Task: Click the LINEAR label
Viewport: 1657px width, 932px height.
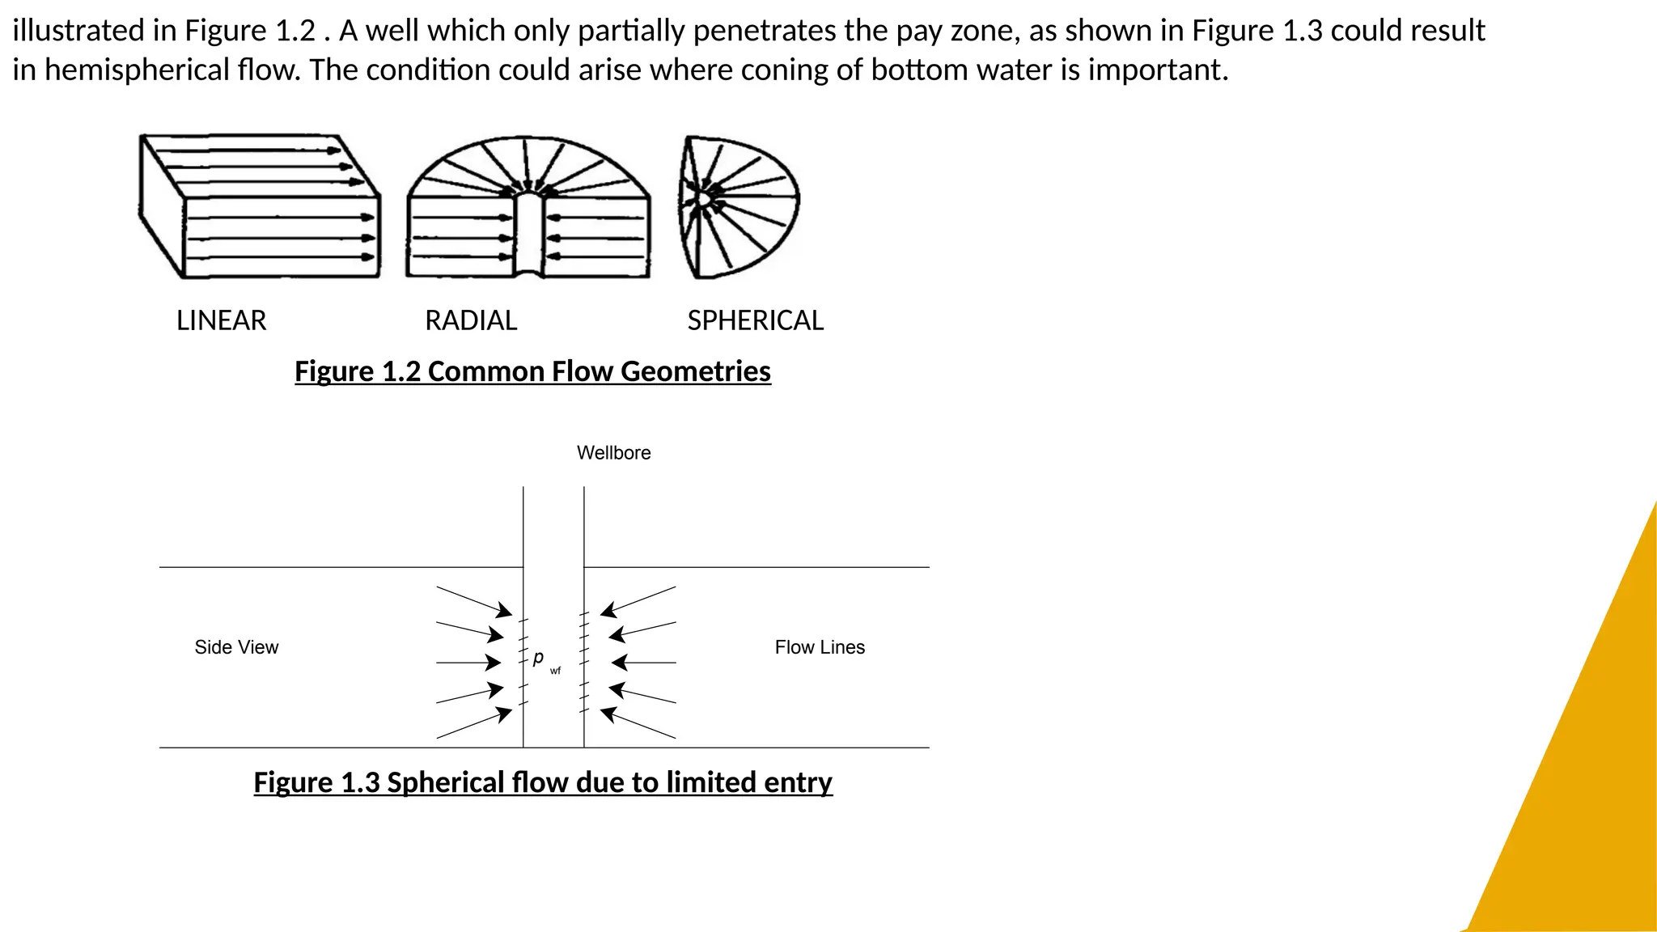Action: pos(221,321)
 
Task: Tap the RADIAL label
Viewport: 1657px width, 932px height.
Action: pos(471,321)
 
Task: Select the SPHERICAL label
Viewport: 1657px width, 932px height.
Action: pos(755,321)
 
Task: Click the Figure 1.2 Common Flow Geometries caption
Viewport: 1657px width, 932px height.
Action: pos(532,371)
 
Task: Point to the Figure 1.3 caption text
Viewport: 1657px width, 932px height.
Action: pos(543,782)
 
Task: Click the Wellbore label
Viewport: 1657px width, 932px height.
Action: pos(613,453)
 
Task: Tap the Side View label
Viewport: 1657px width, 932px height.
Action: pos(236,647)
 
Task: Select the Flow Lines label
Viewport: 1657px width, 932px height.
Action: pos(820,647)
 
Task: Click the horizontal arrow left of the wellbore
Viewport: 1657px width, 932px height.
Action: pos(469,663)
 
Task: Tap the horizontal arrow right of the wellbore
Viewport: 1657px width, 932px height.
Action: pos(643,663)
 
